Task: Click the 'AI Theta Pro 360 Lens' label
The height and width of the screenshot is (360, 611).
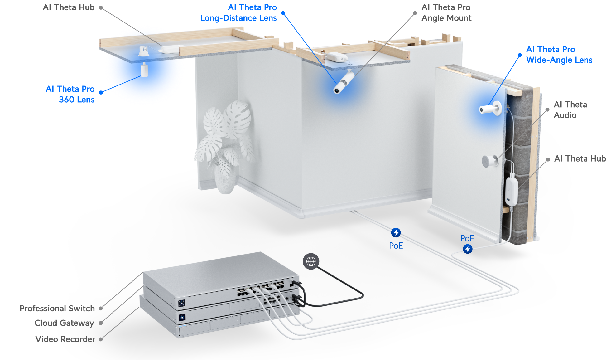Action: pyautogui.click(x=70, y=94)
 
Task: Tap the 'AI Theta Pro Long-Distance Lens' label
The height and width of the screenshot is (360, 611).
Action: pyautogui.click(x=238, y=13)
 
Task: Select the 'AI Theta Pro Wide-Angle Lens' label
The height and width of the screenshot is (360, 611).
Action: pyautogui.click(x=559, y=55)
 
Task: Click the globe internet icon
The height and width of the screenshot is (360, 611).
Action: pyautogui.click(x=311, y=261)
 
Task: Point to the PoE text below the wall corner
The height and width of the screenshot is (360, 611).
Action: pyautogui.click(x=396, y=246)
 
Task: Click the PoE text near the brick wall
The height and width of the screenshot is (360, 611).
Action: pyautogui.click(x=467, y=238)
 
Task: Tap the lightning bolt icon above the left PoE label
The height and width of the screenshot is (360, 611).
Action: pyautogui.click(x=396, y=233)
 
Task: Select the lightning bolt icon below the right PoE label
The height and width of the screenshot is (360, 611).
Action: pyautogui.click(x=467, y=249)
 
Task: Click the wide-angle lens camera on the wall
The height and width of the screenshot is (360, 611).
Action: pyautogui.click(x=489, y=109)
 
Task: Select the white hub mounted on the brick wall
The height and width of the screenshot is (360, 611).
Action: pyautogui.click(x=511, y=191)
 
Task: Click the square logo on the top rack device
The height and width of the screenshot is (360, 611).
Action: pyautogui.click(x=182, y=303)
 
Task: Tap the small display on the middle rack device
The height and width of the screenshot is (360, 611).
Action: pyautogui.click(x=182, y=318)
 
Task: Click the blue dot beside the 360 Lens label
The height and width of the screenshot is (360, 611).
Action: pyautogui.click(x=101, y=92)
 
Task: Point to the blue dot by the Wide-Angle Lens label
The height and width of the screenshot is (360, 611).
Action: pyautogui.click(x=520, y=55)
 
